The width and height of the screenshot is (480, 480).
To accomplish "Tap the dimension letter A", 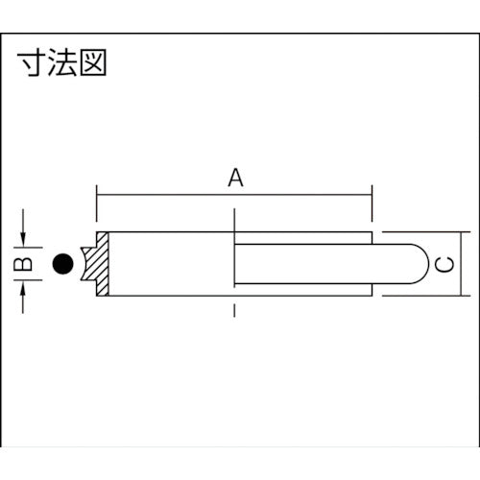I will [234, 178].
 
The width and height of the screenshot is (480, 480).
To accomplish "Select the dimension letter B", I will [28, 263].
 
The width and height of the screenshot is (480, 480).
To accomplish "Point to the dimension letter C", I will [443, 264].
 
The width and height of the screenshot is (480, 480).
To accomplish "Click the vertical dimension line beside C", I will [468, 264].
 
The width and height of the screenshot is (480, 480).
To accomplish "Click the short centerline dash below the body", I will [234, 310].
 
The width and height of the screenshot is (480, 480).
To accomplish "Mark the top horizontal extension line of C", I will [422, 231].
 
